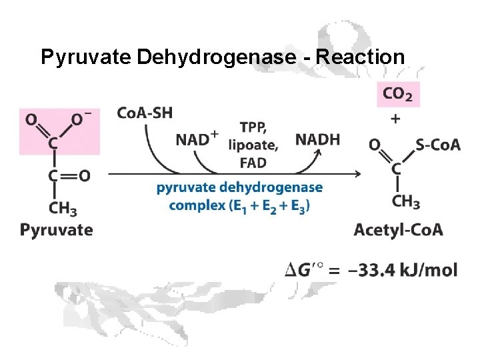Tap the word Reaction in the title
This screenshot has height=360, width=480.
[360, 57]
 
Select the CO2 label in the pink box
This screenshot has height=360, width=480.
[398, 95]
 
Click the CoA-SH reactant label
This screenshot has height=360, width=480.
[144, 113]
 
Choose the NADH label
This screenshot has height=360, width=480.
[317, 139]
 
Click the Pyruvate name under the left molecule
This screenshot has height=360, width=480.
[57, 230]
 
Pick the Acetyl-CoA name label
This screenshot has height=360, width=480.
[398, 230]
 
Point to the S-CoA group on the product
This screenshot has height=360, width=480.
[437, 144]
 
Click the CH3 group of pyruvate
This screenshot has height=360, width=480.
[63, 207]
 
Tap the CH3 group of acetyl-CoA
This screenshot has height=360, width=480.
[406, 200]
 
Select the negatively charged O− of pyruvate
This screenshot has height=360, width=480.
[81, 119]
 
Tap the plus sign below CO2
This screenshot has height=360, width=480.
[396, 119]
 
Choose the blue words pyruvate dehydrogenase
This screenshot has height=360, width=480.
[239, 187]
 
